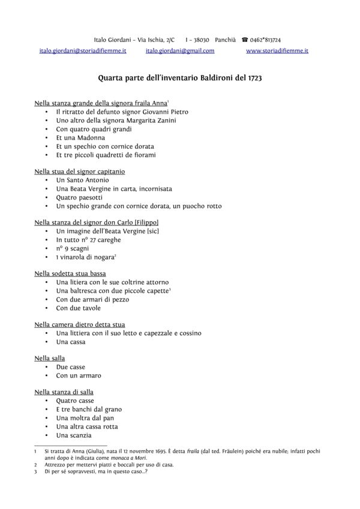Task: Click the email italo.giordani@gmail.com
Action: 179,51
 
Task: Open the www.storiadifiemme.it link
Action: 277,51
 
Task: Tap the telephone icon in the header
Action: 245,39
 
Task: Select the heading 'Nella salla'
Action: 50,358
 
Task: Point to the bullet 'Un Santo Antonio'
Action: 82,180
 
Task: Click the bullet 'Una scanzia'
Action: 74,435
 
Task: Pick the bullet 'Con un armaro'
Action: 79,375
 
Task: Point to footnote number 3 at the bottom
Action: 37,472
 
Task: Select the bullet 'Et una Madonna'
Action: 80,137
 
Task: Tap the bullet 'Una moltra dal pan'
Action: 85,418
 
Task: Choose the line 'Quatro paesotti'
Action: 79,197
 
